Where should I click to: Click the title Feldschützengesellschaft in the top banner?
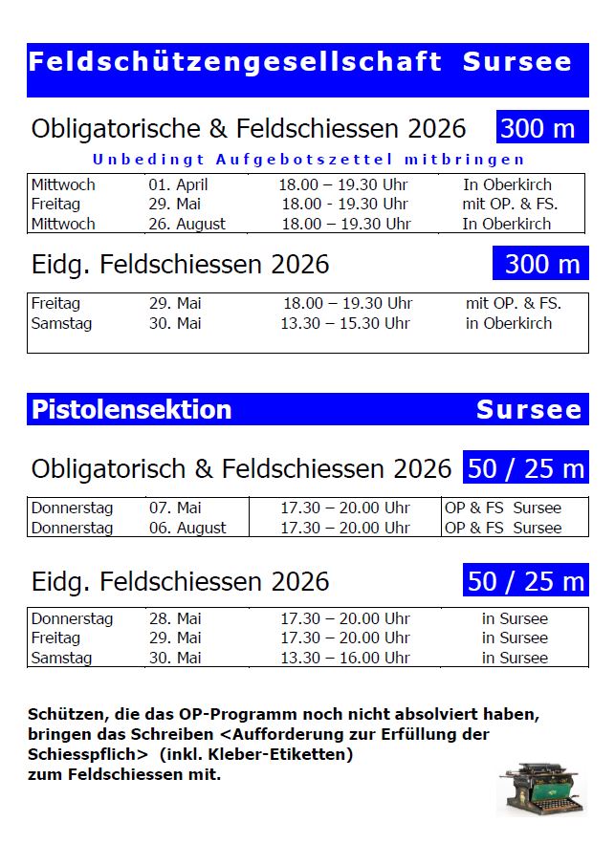coord(234,62)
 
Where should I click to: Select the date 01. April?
coord(178,184)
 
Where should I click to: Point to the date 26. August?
coord(187,224)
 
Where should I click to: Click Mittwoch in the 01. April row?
coord(63,184)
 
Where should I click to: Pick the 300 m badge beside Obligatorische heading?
coord(541,128)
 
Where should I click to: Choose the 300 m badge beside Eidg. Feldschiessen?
coord(541,264)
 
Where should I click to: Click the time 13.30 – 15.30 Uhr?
coord(344,323)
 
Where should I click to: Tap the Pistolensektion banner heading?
coord(131,410)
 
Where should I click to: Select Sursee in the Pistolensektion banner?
coord(529,410)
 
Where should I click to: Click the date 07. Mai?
coord(175,508)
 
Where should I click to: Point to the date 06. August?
coord(187,528)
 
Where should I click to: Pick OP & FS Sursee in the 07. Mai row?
coord(503,508)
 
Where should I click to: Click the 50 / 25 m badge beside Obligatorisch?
coord(526,469)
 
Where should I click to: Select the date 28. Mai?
coord(175,618)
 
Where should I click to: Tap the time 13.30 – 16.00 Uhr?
coord(344,658)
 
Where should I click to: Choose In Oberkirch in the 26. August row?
coord(507,224)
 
